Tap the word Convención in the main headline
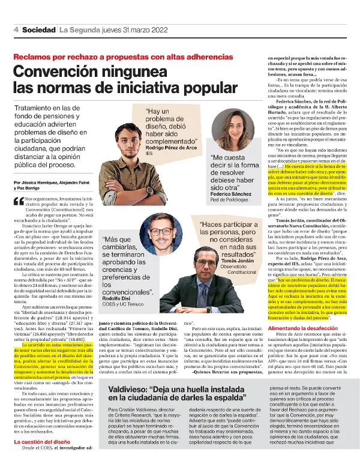click(x=53, y=71)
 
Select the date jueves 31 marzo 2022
click(x=117, y=29)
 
